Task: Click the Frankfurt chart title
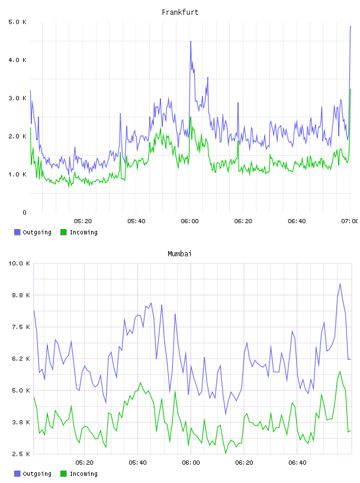[180, 12]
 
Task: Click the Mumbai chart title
[179, 254]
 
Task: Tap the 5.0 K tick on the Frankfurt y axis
[18, 22]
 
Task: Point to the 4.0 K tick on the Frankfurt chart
[18, 60]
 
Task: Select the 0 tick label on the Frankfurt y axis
[24, 212]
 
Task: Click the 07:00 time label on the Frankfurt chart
[349, 221]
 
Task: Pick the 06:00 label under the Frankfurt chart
[190, 221]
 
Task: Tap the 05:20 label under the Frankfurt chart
[83, 221]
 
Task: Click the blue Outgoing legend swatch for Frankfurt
[17, 232]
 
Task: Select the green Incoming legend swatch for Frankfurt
[63, 232]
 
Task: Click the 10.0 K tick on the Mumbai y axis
[19, 263]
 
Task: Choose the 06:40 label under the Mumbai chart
[297, 463]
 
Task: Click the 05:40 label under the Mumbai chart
[138, 463]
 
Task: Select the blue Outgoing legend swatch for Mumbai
[17, 474]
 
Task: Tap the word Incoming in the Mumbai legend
[83, 474]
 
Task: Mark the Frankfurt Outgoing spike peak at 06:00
[191, 41]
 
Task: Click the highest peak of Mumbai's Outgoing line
[340, 284]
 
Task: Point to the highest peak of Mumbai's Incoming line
[340, 372]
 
